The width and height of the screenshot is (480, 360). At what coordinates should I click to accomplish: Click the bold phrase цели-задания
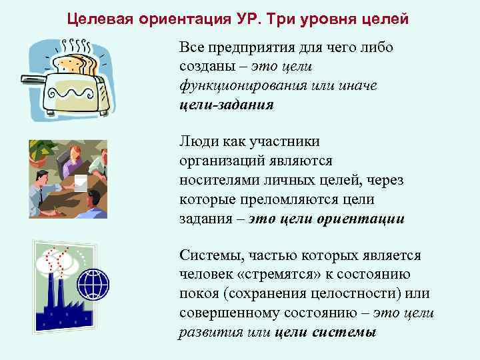[226, 106]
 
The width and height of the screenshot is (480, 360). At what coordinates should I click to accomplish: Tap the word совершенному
[231, 313]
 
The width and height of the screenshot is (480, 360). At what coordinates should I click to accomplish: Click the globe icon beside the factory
[92, 285]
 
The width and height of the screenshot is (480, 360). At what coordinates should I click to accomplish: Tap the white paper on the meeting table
[80, 182]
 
